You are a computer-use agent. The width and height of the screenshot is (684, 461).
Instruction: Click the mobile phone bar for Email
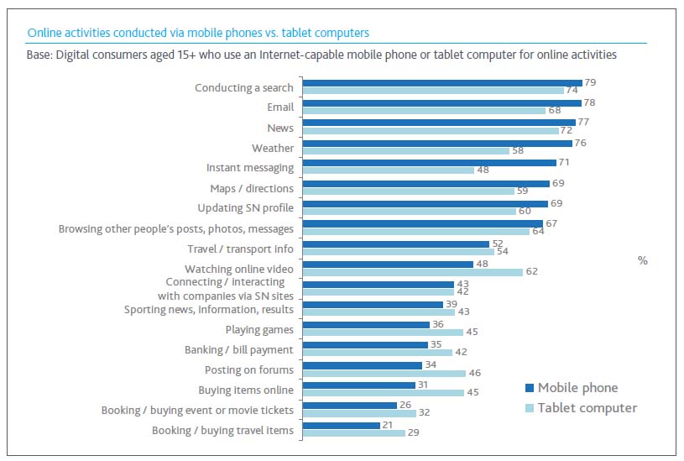pyautogui.click(x=441, y=103)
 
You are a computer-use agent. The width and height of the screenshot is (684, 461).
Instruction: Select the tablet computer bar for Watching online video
pyautogui.click(x=412, y=272)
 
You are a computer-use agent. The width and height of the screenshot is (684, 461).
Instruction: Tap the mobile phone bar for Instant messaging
pyautogui.click(x=429, y=163)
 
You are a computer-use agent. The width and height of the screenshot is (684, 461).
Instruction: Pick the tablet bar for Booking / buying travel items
pyautogui.click(x=352, y=433)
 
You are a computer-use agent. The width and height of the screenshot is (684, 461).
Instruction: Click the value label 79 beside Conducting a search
pyautogui.click(x=591, y=83)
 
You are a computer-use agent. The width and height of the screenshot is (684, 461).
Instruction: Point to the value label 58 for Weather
pyautogui.click(x=520, y=151)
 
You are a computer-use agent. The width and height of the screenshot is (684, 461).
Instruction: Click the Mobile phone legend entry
pyautogui.click(x=577, y=388)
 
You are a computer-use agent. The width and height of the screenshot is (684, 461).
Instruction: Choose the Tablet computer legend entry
pyautogui.click(x=587, y=408)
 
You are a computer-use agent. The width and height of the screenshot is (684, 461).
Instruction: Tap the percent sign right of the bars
pyautogui.click(x=642, y=260)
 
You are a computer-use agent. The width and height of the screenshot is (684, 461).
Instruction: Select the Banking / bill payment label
pyautogui.click(x=239, y=349)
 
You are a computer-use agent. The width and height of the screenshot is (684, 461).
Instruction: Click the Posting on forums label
pyautogui.click(x=249, y=369)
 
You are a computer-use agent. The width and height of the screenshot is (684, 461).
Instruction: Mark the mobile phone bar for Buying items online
pyautogui.click(x=358, y=385)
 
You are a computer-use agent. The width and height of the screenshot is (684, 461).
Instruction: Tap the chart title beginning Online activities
pyautogui.click(x=198, y=33)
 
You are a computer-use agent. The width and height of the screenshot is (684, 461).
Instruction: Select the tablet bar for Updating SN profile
pyautogui.click(x=409, y=211)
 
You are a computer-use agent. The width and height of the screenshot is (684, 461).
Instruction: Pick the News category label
pyautogui.click(x=280, y=128)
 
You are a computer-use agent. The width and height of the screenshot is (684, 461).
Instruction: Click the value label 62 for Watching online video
pyautogui.click(x=533, y=272)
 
